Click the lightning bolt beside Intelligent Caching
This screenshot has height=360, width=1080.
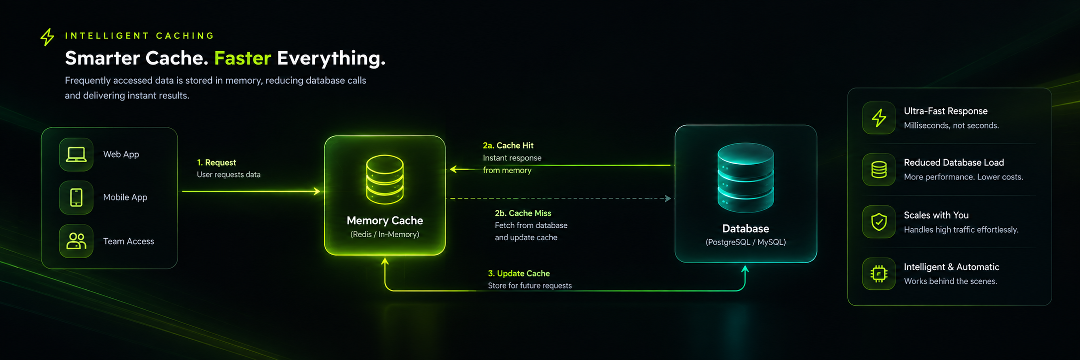tap(47, 37)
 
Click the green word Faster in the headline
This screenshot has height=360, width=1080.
tap(243, 58)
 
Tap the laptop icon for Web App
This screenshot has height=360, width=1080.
tap(76, 155)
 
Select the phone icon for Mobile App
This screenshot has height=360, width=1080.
tap(76, 197)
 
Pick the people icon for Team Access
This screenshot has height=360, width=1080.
tap(76, 241)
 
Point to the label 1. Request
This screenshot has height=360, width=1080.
tap(216, 163)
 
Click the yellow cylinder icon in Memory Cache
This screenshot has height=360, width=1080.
tap(385, 180)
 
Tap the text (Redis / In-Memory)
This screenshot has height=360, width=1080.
tap(385, 234)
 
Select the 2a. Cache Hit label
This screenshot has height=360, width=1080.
tap(508, 146)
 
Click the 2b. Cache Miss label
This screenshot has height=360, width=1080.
tap(523, 213)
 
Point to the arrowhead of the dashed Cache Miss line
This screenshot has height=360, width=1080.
tap(668, 198)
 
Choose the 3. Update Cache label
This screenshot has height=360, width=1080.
tap(519, 273)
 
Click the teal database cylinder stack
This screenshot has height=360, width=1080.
tap(745, 178)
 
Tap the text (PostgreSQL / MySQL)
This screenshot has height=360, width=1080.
tap(745, 242)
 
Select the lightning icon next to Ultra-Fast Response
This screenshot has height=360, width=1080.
tap(879, 118)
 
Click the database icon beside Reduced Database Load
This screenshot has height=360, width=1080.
tap(879, 170)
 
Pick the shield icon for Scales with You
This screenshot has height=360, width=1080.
tap(879, 222)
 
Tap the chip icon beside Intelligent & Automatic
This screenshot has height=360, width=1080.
tap(879, 273)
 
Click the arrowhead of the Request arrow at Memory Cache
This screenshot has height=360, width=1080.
tap(317, 191)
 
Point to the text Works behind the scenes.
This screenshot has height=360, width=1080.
tap(950, 281)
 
